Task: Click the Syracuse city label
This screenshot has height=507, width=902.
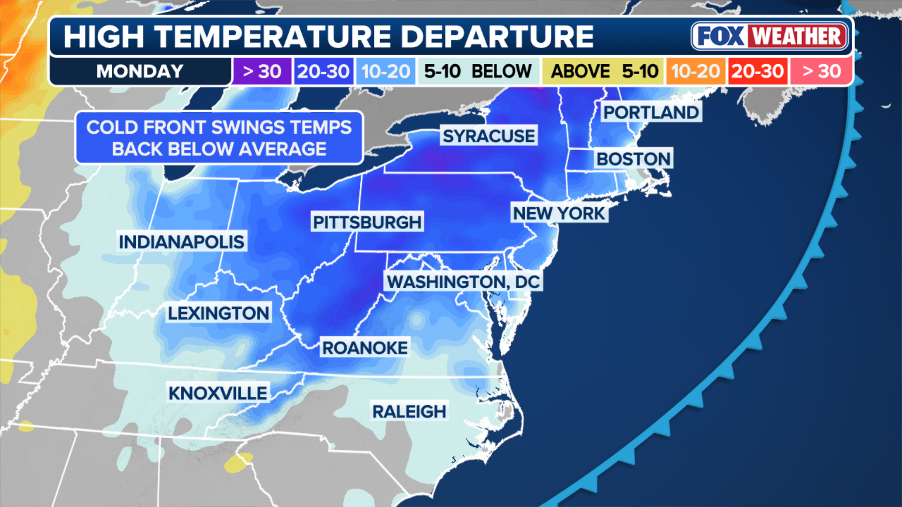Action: (x=489, y=136)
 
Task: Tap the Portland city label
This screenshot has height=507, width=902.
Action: (x=651, y=113)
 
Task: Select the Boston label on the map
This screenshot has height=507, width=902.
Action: (x=633, y=159)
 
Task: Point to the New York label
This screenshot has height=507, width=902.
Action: (x=559, y=214)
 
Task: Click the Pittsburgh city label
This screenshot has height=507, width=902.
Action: (x=367, y=222)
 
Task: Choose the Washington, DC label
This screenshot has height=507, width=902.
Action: (x=463, y=282)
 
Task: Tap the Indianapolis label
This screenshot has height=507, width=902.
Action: (x=181, y=242)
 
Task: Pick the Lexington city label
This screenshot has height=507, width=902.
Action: (x=218, y=313)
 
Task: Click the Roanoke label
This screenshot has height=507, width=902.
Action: (x=365, y=348)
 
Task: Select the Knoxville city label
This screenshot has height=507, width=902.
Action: (x=218, y=393)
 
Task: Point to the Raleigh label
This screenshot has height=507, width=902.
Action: (x=409, y=412)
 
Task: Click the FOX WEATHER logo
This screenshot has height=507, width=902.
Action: (x=770, y=36)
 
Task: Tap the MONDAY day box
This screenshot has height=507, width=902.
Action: (x=140, y=71)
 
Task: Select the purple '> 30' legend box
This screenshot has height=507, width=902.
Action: (x=262, y=71)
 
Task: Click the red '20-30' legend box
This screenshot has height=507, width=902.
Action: (x=757, y=71)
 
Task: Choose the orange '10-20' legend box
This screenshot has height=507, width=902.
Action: (x=695, y=71)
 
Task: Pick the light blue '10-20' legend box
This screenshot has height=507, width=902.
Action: (x=386, y=71)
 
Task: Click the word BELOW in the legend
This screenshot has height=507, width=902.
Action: (x=501, y=71)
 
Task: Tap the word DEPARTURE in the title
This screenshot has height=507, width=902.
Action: (x=497, y=37)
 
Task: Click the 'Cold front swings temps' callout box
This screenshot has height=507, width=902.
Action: (x=219, y=138)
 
